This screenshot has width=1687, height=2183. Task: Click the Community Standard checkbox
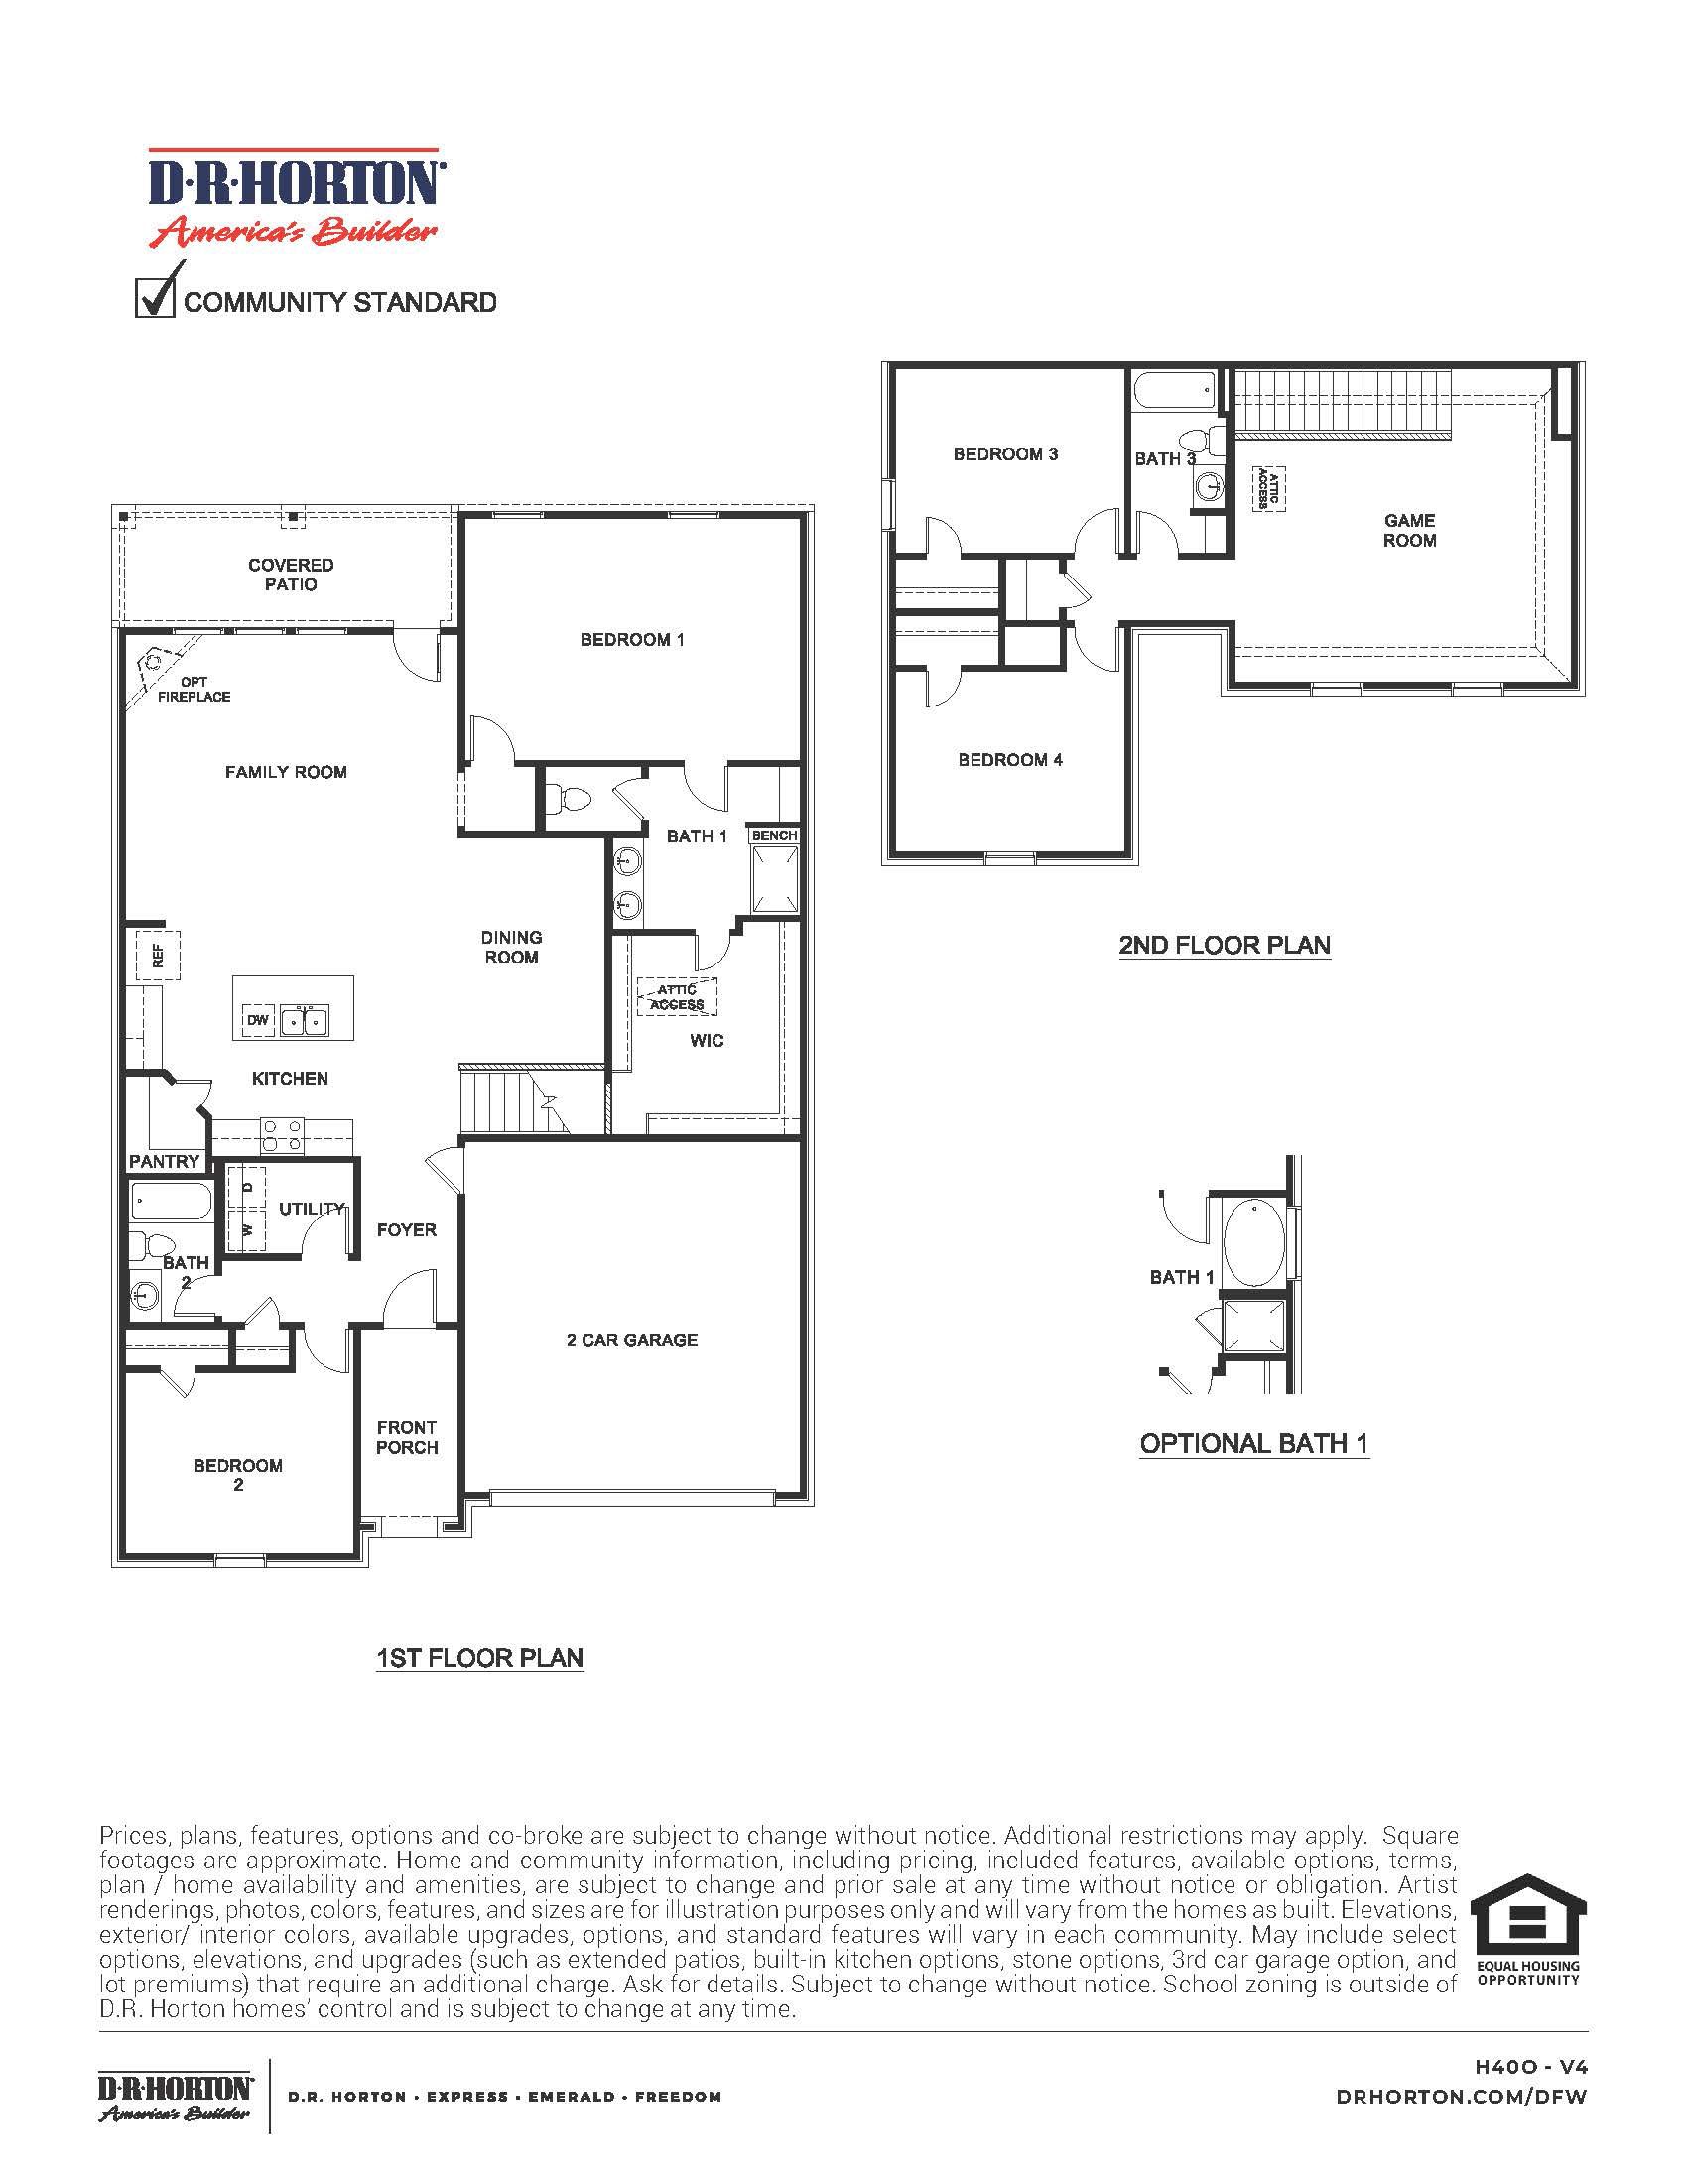154,299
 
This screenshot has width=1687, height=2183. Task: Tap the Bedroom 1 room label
631,640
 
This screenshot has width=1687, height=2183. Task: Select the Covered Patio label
291,575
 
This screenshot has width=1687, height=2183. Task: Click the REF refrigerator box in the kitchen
157,956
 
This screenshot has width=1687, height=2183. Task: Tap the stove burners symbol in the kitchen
281,1136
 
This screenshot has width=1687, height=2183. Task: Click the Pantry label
164,1162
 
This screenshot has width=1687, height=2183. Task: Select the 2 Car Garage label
631,1340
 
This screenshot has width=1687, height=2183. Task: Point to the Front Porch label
407,1437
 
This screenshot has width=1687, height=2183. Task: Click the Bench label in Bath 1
775,835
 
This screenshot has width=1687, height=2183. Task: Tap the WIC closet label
707,1041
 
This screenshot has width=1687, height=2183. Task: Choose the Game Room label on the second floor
1409,530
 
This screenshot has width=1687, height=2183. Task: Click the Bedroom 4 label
1009,760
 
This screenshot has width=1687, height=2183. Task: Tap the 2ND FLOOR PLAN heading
1225,945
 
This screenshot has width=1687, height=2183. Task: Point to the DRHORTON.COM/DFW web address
1461,2097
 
